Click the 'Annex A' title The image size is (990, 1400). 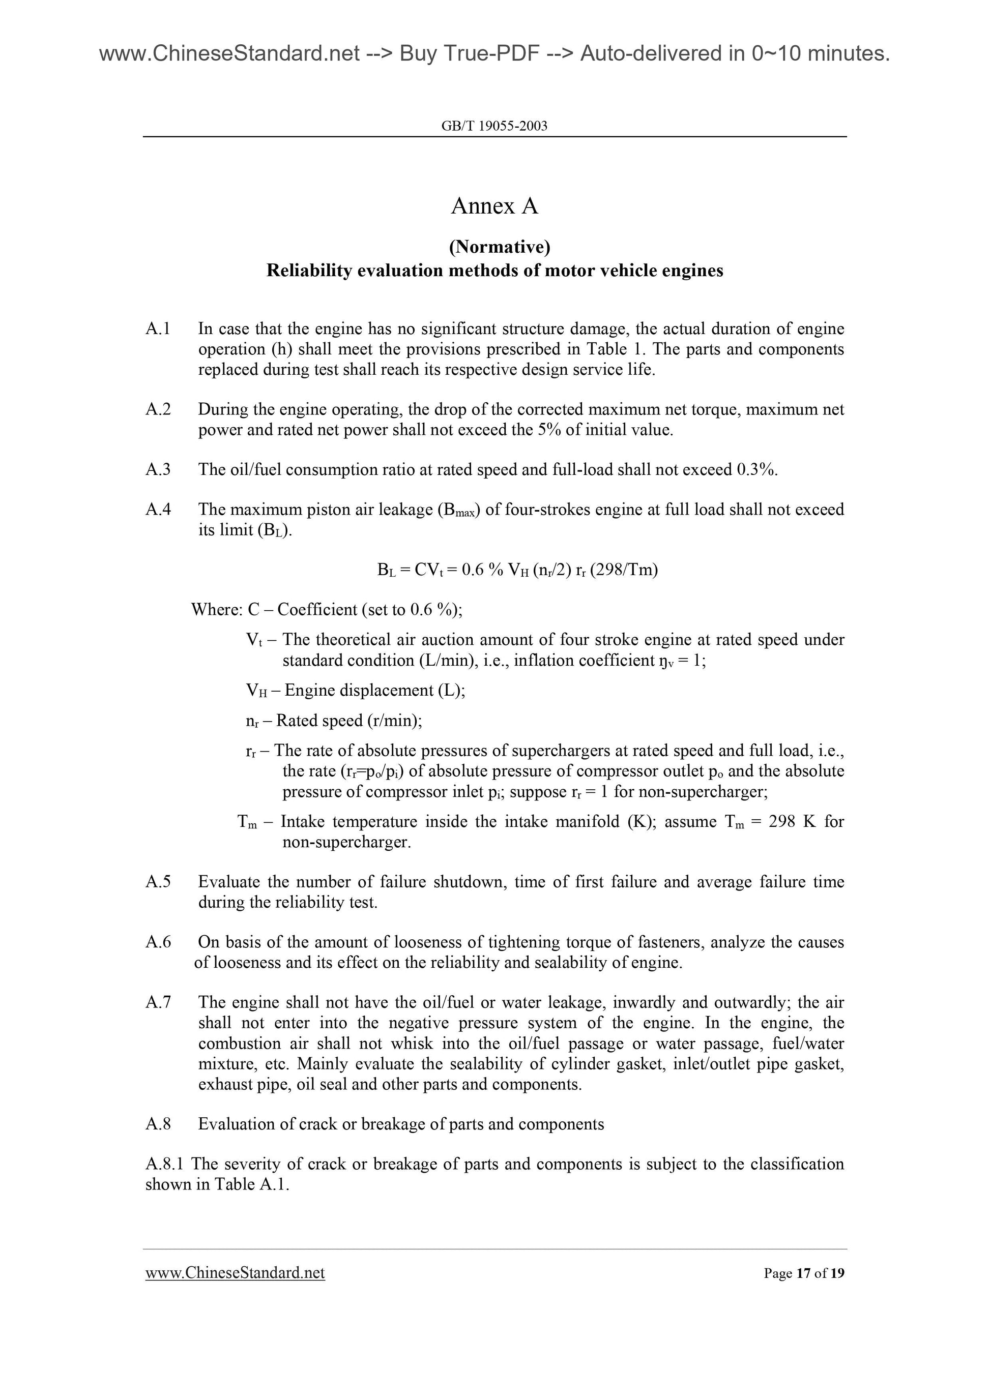pos(494,206)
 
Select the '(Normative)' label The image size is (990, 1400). pos(500,247)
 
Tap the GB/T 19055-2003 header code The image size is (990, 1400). pos(494,126)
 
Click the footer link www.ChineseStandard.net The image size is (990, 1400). pos(235,1272)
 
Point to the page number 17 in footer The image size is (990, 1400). pos(803,1273)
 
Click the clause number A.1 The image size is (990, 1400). pos(158,329)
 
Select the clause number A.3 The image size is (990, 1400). pos(158,469)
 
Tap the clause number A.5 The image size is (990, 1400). pos(158,882)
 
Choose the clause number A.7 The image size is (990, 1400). pos(158,1002)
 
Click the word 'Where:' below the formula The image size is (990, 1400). pos(217,610)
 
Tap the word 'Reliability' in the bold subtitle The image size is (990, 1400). pos(309,270)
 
